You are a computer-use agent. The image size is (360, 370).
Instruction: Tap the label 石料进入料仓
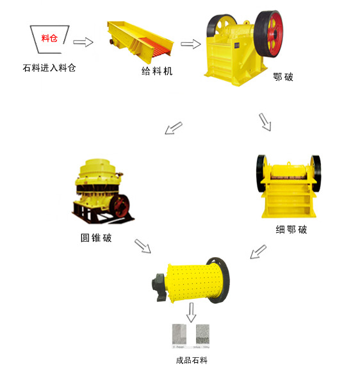[49, 67]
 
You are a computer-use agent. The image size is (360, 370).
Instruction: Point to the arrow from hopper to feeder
[83, 42]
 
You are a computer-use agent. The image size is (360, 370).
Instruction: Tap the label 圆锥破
[96, 238]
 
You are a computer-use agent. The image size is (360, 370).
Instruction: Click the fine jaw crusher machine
[286, 187]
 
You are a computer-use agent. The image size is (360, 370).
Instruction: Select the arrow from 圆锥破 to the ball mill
[142, 246]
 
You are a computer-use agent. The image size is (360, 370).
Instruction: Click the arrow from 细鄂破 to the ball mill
[258, 251]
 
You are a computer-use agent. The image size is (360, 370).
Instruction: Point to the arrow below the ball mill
[191, 314]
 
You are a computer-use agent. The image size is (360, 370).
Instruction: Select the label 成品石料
[191, 361]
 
